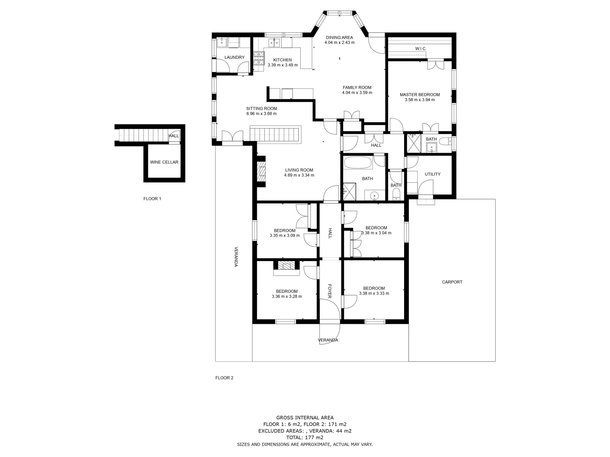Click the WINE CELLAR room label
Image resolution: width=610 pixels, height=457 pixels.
pos(164,162)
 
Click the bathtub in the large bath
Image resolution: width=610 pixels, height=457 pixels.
pos(358,163)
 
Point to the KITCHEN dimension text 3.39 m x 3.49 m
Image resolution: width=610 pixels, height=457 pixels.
pos(283,65)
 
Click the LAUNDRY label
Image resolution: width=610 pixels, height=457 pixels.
pos(234,57)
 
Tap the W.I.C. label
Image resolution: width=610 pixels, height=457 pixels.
pos(420,49)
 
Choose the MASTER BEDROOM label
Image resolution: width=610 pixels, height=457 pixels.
pos(419,95)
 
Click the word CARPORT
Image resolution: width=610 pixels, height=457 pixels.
pos(452,282)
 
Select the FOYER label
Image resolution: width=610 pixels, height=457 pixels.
pos(330,291)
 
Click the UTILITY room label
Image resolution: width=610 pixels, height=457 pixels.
pos(432,174)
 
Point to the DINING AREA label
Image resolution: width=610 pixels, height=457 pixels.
pos(339,37)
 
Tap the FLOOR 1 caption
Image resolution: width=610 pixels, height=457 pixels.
pos(152,198)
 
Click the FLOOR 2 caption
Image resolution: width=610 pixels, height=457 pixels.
pos(224,378)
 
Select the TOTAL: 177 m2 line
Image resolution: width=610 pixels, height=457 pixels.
pos(305,438)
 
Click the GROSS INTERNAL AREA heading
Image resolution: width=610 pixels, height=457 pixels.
pos(305,417)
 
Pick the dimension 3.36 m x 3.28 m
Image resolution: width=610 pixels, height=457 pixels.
pos(287,297)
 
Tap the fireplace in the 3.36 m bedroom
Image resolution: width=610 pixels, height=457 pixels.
pos(287,266)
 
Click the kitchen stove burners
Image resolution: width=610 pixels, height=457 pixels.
pos(258,60)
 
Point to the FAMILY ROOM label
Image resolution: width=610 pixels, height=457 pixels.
pos(357,88)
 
